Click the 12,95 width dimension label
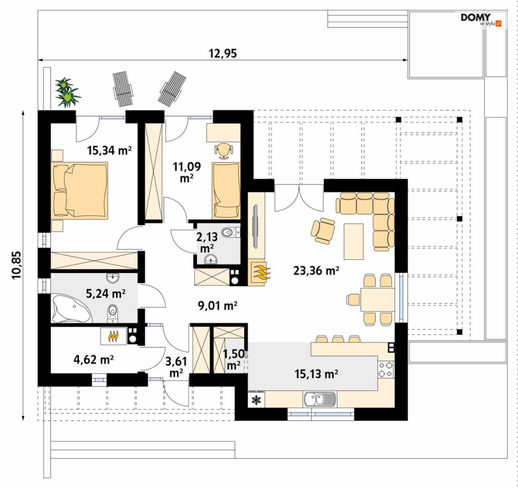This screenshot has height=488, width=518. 223,53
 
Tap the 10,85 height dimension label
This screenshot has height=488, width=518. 16,265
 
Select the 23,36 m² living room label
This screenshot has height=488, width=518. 316,271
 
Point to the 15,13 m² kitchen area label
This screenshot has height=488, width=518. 316,373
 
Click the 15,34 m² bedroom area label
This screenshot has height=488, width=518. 109,151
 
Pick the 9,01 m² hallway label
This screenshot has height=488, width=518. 218,306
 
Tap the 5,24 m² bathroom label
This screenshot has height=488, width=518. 106,293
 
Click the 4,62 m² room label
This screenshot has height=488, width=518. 94,359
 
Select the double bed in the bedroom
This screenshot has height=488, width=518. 80,191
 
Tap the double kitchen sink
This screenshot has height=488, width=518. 320,399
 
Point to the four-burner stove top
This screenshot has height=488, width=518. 386,369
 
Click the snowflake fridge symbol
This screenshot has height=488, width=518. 256,400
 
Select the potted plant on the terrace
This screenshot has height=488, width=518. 68,93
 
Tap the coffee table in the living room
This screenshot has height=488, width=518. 353,241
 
